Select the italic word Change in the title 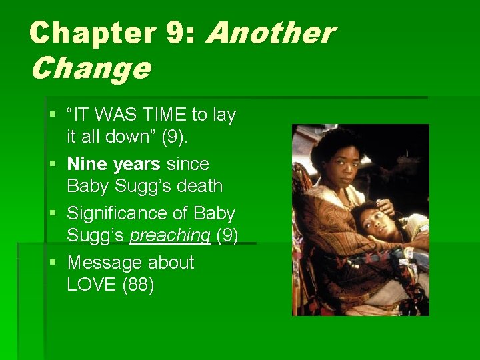pyautogui.click(x=90, y=67)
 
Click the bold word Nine pyautogui.click(x=87, y=164)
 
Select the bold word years pyautogui.click(x=136, y=164)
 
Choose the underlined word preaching pyautogui.click(x=170, y=236)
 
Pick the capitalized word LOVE pyautogui.click(x=91, y=285)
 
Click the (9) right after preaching pyautogui.click(x=227, y=236)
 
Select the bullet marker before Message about pyautogui.click(x=53, y=263)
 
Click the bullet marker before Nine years pyautogui.click(x=53, y=164)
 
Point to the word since pyautogui.click(x=187, y=164)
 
